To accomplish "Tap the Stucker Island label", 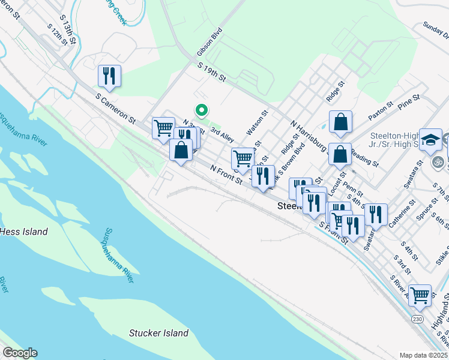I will pos(159,333).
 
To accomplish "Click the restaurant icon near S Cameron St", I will pos(109,76).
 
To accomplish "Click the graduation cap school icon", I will pos(430,140).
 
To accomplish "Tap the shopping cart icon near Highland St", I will pos(420,295).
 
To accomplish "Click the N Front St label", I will pos(226,174).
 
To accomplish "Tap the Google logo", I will pos(19,353).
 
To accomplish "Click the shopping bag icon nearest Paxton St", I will pos(340,122).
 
